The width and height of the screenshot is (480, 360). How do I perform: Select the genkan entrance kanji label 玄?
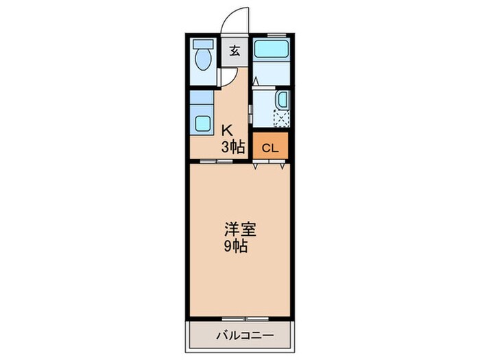[x=235, y=51]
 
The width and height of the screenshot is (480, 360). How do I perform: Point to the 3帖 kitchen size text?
[x=232, y=145]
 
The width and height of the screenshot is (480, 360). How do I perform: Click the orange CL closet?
[x=269, y=147]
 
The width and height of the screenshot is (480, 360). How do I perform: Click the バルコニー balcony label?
[x=245, y=335]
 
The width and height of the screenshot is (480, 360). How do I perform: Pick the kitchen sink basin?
[x=202, y=123]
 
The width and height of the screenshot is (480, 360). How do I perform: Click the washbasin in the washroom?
[x=282, y=100]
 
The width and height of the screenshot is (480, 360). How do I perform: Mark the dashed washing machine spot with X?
[x=281, y=119]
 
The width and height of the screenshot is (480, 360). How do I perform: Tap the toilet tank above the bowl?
[x=202, y=45]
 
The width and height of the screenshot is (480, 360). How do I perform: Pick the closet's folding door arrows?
[x=269, y=165]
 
